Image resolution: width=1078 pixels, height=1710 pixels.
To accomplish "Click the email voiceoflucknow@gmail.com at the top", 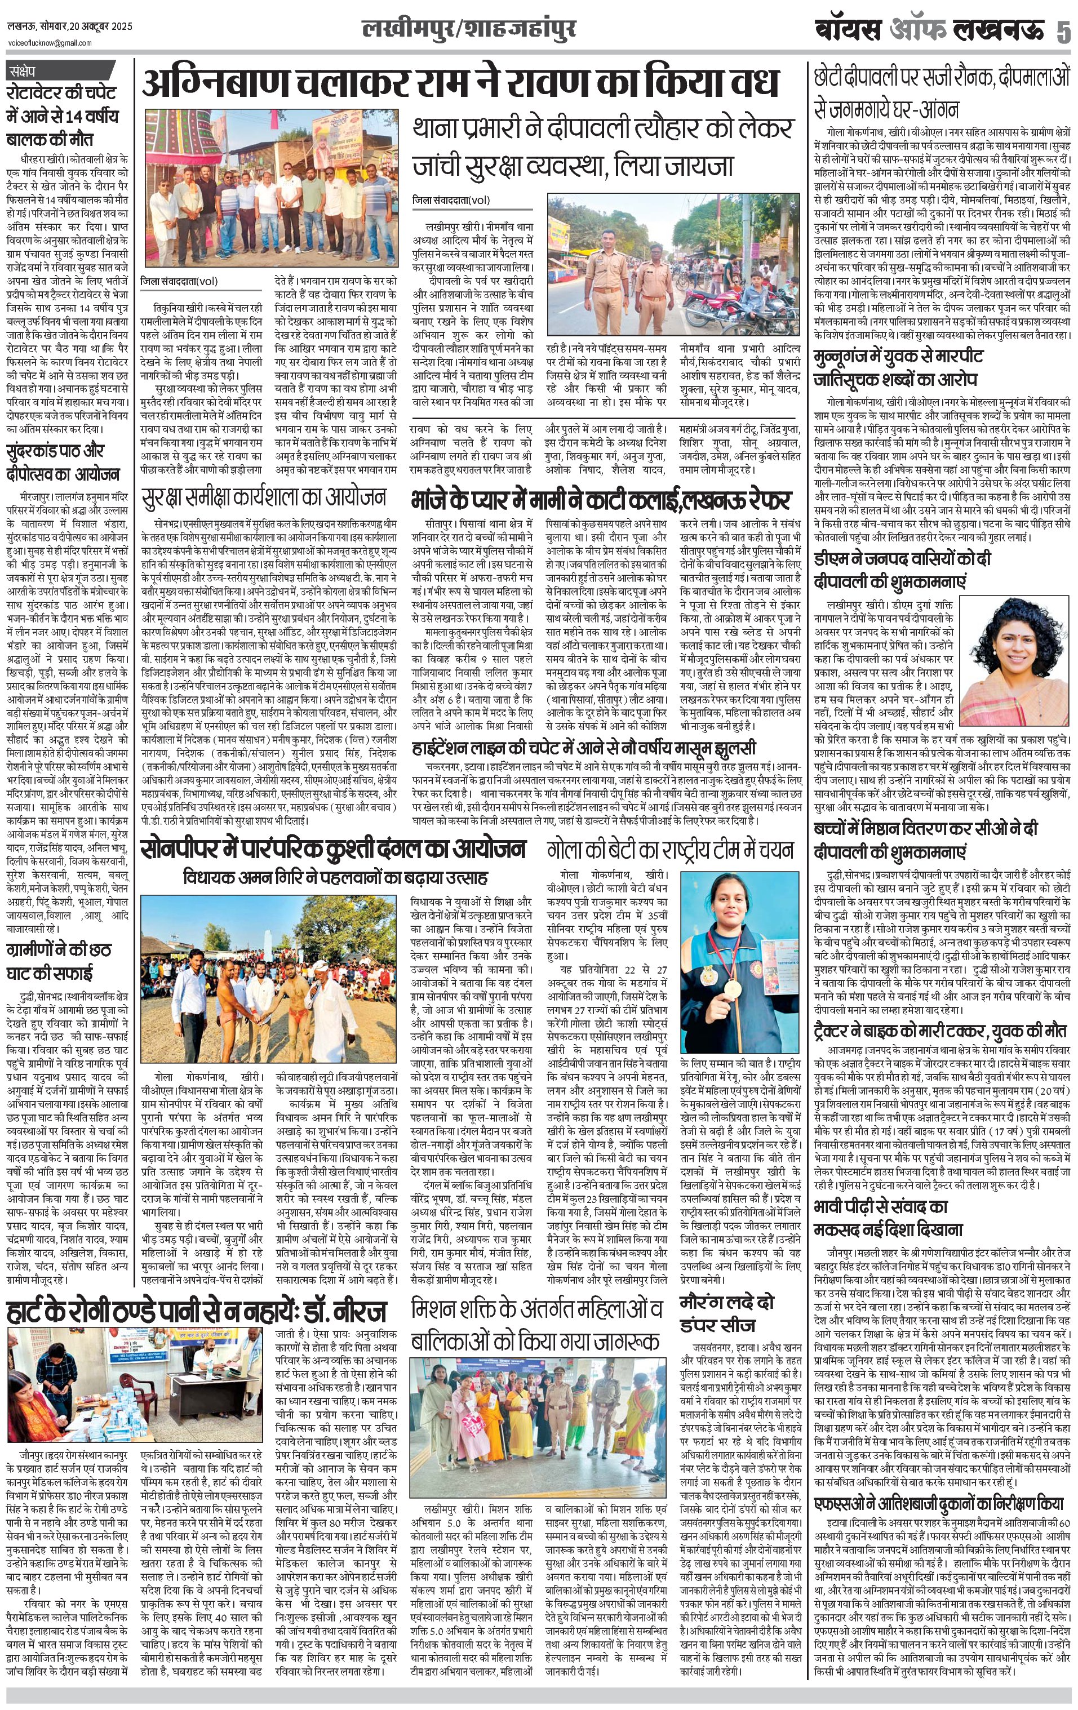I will [x=50, y=43].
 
